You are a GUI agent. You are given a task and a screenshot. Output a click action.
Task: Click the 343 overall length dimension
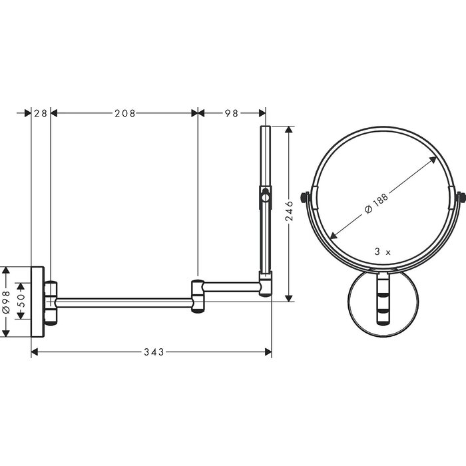[154, 352]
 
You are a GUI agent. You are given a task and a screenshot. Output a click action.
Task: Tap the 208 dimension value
[125, 113]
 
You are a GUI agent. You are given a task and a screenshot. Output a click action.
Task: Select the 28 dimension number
[41, 113]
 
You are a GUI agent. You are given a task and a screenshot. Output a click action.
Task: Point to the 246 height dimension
[289, 211]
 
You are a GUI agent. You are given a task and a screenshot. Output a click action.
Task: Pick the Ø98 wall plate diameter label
[6, 302]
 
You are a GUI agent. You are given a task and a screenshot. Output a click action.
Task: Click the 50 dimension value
[23, 301]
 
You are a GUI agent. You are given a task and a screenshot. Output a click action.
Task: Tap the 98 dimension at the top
[232, 113]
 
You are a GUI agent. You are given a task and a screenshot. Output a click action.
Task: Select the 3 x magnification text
[383, 252]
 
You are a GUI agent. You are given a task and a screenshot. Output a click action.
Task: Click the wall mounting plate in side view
[38, 302]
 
